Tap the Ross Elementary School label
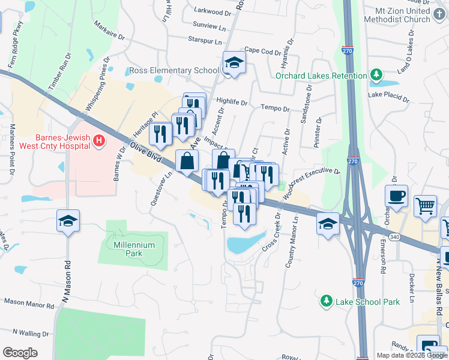173,71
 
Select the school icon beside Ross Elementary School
233,63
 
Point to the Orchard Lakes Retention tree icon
376,75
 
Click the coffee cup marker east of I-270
397,196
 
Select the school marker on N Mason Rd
68,221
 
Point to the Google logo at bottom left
20,353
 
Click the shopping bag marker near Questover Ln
187,161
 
